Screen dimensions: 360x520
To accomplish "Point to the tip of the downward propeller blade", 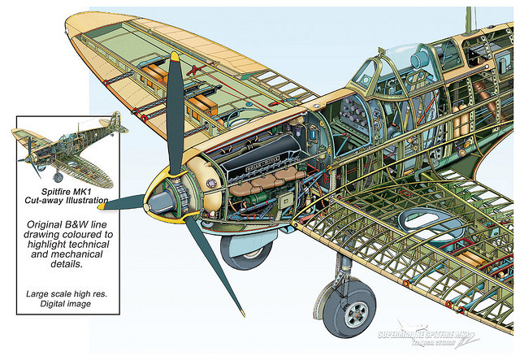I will click(241, 313).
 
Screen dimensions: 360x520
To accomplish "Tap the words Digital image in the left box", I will click(62, 303).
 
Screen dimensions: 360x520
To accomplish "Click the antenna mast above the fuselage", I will click(469, 20).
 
